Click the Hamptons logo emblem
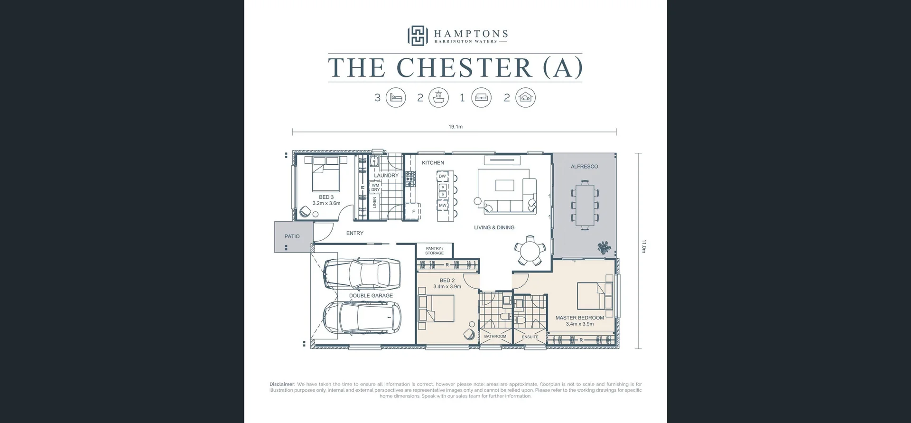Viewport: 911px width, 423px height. pos(417,36)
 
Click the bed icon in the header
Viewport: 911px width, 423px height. pos(396,98)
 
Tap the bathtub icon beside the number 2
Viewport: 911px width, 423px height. pos(438,98)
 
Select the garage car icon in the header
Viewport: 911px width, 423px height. pos(525,98)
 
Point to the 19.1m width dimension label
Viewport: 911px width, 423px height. pos(455,127)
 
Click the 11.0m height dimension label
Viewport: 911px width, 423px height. pos(644,246)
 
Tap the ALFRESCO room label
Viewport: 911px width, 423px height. pos(584,167)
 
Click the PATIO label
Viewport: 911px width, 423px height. pos(292,236)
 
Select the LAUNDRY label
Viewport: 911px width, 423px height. pos(386,175)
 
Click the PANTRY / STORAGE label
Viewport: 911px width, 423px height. pos(434,251)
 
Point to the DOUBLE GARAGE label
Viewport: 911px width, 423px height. pos(371,295)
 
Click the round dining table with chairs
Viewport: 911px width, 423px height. pos(528,250)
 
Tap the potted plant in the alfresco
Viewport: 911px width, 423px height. pos(604,247)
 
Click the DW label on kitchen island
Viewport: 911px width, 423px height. pos(442,176)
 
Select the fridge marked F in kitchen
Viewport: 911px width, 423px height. pos(413,211)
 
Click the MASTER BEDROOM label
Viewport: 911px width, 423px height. pos(579,318)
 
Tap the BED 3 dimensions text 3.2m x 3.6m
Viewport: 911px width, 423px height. pos(326,203)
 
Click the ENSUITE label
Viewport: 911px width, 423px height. pos(530,337)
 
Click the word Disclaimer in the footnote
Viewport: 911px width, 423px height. pos(282,384)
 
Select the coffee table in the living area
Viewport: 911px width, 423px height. pos(505,185)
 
